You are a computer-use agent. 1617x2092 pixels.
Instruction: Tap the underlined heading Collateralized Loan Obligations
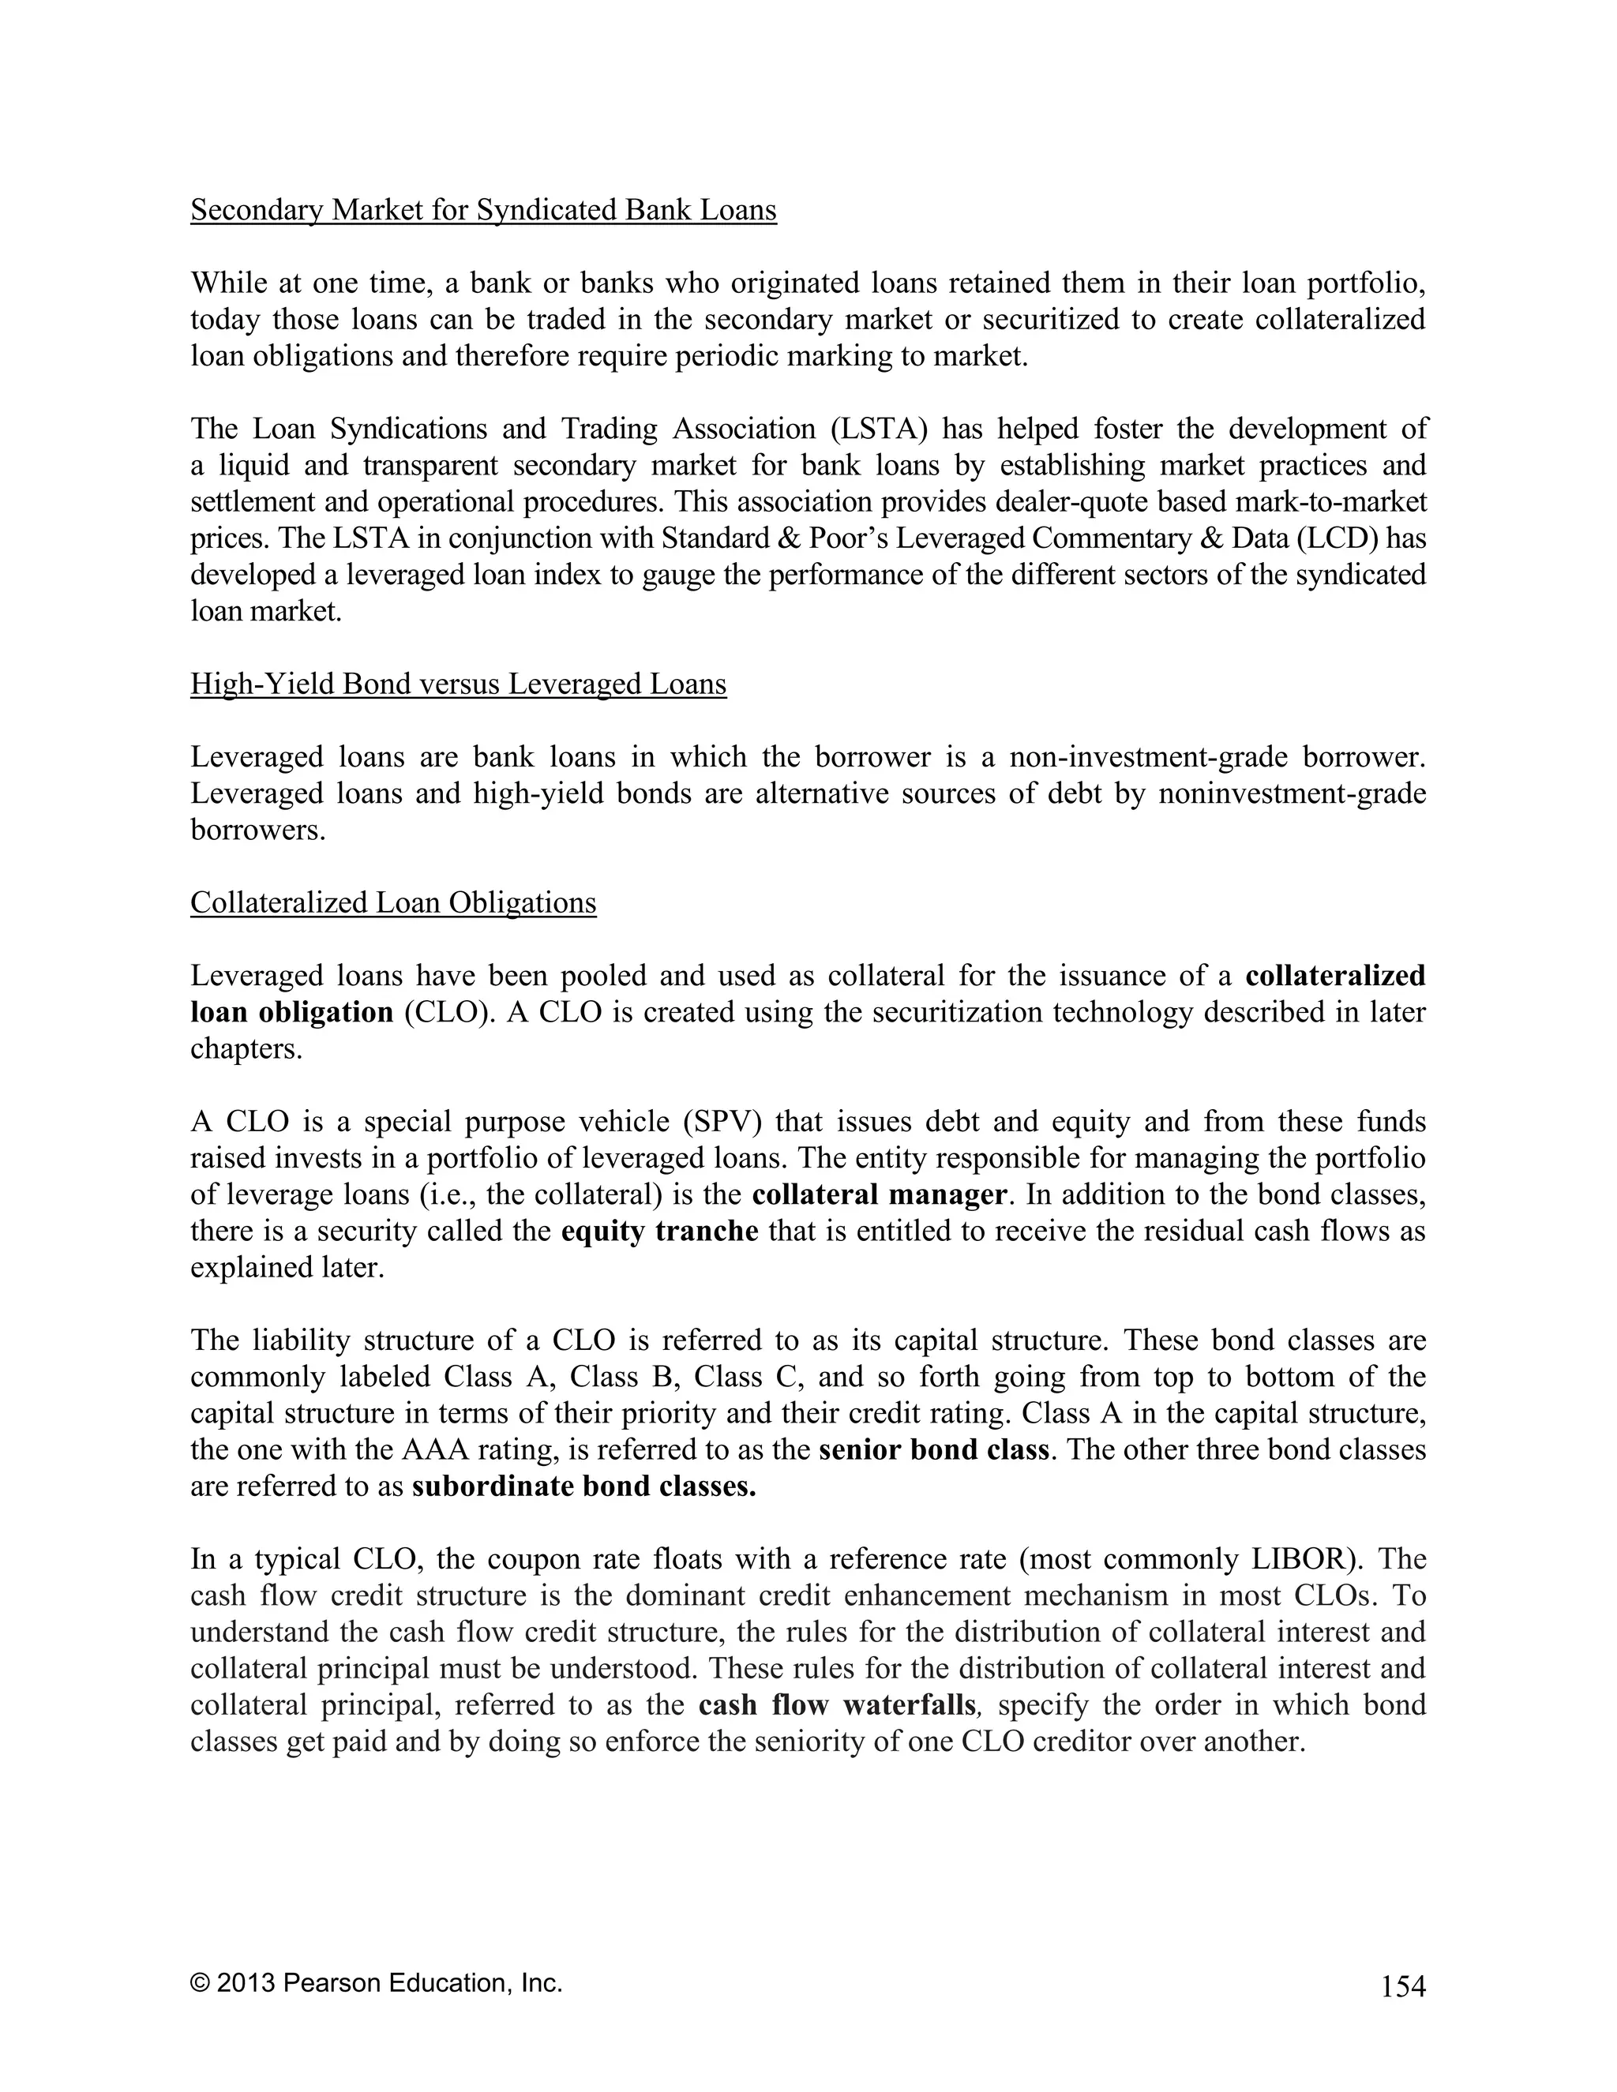(x=392, y=902)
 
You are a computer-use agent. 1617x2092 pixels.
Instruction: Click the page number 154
(x=1402, y=1987)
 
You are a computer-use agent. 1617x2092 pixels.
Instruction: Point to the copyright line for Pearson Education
(x=377, y=1983)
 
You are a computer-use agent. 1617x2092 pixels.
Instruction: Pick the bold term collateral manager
(x=880, y=1194)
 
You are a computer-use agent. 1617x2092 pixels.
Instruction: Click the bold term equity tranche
(x=659, y=1231)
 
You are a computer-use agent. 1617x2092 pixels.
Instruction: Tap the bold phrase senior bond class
(x=934, y=1449)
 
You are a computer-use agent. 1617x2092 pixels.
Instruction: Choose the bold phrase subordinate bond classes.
(x=584, y=1486)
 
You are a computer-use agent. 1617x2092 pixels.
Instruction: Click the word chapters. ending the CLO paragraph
(x=246, y=1049)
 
